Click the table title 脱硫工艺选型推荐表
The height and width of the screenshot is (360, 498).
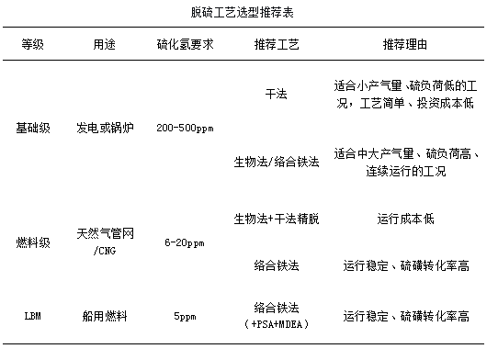[x=242, y=13]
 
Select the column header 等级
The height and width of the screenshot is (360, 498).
[x=32, y=44]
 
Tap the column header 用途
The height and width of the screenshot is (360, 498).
[x=104, y=44]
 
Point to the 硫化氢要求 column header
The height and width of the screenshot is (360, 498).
[x=185, y=44]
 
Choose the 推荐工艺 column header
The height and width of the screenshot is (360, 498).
[x=277, y=44]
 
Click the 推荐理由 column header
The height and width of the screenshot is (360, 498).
[x=405, y=44]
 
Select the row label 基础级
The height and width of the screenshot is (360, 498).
[x=33, y=128]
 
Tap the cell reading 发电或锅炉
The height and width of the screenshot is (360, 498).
[x=105, y=128]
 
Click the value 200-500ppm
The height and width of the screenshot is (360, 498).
[x=185, y=129]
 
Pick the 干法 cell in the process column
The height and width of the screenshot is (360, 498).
[x=276, y=94]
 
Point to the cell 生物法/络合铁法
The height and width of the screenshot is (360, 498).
[x=277, y=162]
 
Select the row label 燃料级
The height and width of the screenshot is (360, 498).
[x=33, y=242]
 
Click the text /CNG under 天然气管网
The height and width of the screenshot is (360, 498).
[x=105, y=251]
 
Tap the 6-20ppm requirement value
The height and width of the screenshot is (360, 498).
[x=185, y=243]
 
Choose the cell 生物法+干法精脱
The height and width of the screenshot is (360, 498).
[x=277, y=219]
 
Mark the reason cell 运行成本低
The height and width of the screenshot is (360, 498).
[x=405, y=219]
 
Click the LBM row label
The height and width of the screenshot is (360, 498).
[x=33, y=316]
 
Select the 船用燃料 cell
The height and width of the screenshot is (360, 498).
[x=105, y=316]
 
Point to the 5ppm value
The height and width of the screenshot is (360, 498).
[x=185, y=317]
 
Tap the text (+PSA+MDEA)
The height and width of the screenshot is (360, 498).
[x=277, y=324]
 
